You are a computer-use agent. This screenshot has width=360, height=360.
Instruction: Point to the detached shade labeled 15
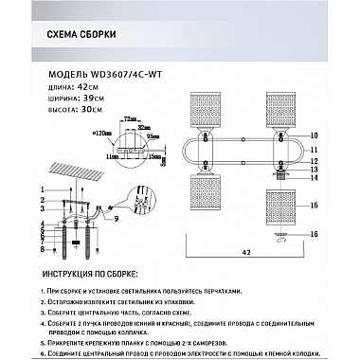click(x=283, y=203)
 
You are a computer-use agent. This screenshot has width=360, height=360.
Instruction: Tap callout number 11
click(x=313, y=151)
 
